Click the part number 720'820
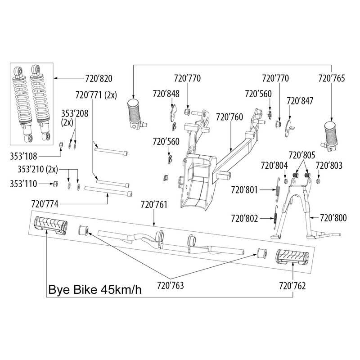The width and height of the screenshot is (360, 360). click(98, 78)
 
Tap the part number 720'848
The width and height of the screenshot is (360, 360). click(166, 94)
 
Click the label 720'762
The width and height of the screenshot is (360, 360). click(292, 285)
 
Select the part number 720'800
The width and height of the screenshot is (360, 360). click(333, 218)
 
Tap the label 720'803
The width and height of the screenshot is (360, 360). click(329, 166)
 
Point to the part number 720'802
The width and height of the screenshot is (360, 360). click(244, 219)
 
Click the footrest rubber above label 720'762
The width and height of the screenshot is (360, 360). click(292, 256)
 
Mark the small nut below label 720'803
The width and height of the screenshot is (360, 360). click(318, 181)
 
